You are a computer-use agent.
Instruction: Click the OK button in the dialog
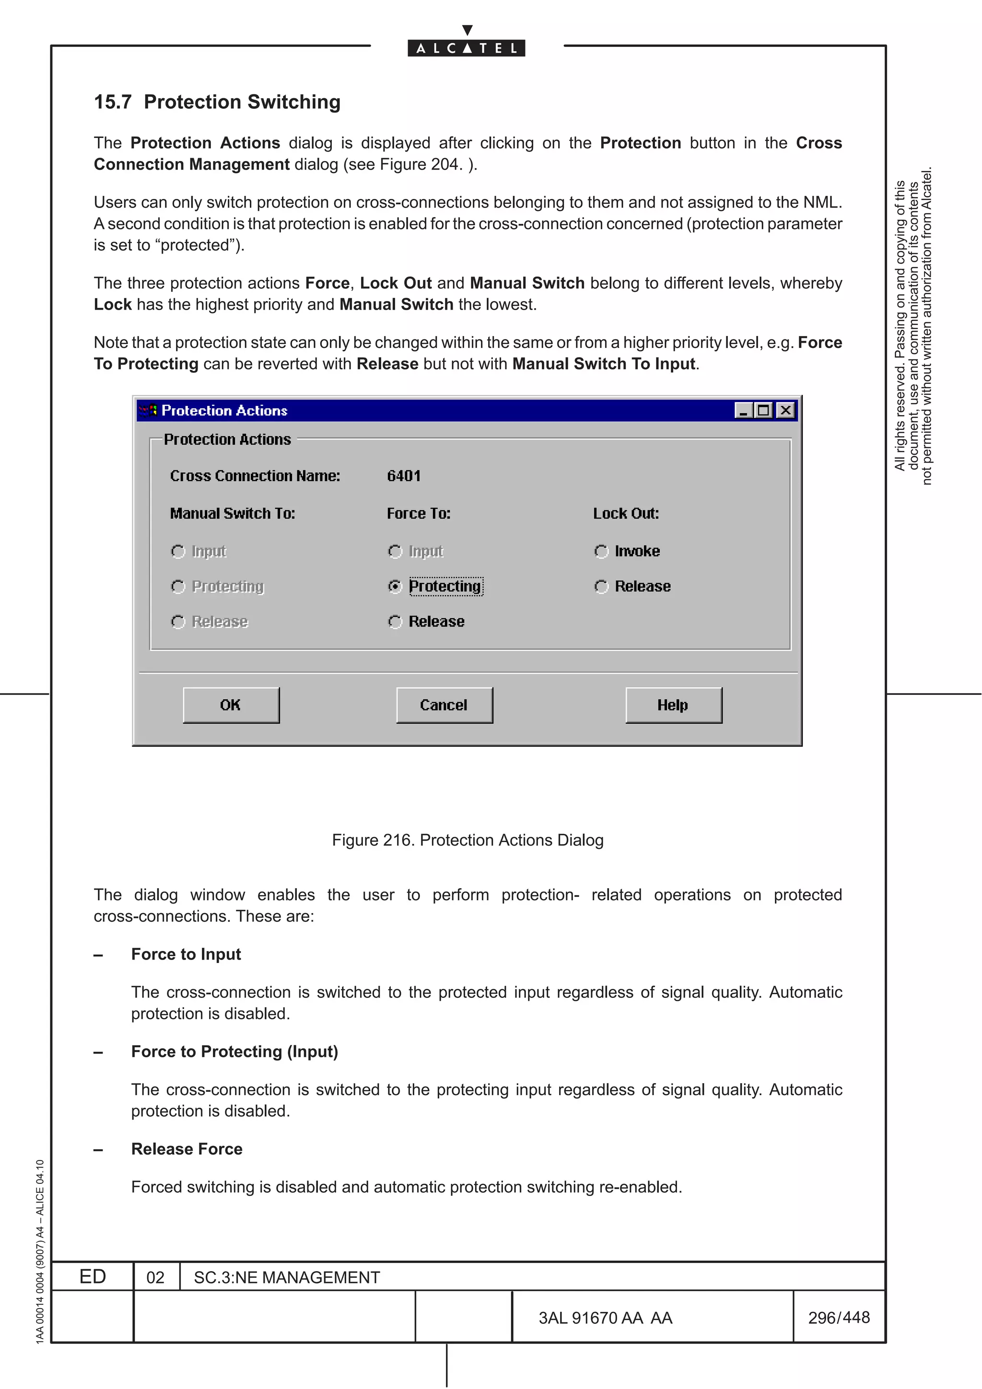coord(231,705)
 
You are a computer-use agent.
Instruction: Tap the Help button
coord(673,705)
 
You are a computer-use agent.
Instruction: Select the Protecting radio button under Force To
coord(395,586)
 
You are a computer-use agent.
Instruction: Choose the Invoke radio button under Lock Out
coord(601,551)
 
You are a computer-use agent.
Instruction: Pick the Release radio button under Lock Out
coord(601,586)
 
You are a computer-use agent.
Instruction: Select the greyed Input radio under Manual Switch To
coord(178,551)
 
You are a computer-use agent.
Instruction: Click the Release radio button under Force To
coord(395,621)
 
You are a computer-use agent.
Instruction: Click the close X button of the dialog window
coord(785,410)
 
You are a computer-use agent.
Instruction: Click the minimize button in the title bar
coord(743,410)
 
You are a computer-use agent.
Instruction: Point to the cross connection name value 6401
coord(404,475)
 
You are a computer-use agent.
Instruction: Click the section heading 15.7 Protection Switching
coord(217,102)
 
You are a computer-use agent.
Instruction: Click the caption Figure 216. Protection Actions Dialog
coord(467,840)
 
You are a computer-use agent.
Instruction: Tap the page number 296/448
coord(839,1317)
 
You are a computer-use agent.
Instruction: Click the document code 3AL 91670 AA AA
coord(605,1318)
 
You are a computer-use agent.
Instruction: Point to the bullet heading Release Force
coord(187,1149)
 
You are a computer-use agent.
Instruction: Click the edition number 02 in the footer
coord(155,1277)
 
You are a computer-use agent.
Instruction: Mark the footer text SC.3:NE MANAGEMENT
coord(287,1277)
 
